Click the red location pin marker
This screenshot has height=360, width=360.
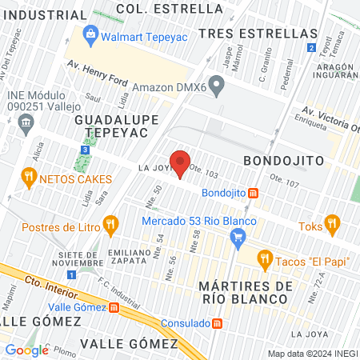coord(181,163)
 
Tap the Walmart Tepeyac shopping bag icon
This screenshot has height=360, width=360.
coord(89,35)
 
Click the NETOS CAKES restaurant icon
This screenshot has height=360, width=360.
coord(30,177)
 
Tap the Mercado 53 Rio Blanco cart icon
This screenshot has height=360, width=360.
coord(237,236)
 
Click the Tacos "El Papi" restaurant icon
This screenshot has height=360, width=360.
coord(264,259)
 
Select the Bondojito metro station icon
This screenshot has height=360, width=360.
coord(253,193)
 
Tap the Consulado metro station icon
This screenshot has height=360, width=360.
coord(217,324)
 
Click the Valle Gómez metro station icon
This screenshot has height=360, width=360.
coord(114,307)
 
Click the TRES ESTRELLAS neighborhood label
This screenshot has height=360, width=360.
coord(258,33)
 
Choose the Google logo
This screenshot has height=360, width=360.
coord(26,350)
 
